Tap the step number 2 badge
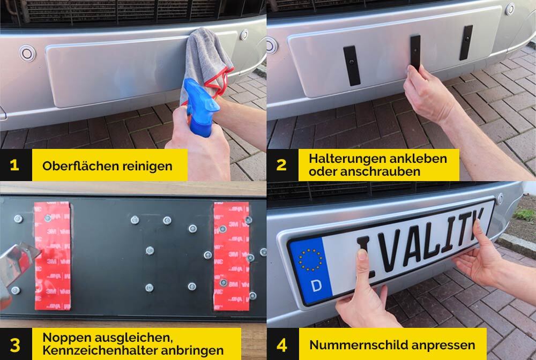click(x=282, y=165)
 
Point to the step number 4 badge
click(x=282, y=344)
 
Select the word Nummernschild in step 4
click(x=359, y=345)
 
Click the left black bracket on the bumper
click(x=352, y=65)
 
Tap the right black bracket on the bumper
click(x=466, y=42)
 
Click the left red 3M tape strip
click(x=53, y=256)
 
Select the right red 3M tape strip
click(x=232, y=256)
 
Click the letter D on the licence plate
click(x=316, y=285)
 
